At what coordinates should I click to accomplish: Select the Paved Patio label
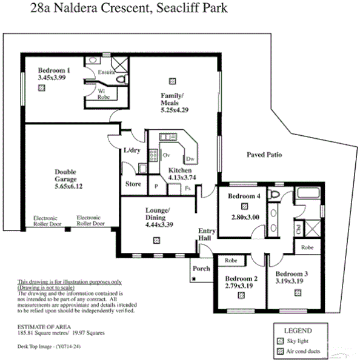(x=264, y=155)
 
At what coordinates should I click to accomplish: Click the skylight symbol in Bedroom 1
(x=41, y=88)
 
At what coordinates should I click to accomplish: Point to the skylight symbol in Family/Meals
(x=173, y=79)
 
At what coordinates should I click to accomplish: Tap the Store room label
(x=133, y=184)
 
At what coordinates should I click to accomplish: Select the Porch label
(x=201, y=268)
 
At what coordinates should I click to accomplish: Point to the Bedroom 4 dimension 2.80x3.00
(x=245, y=216)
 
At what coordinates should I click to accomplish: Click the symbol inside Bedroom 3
(x=298, y=292)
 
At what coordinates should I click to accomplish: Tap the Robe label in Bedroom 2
(x=230, y=260)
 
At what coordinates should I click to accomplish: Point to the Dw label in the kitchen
(x=190, y=159)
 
